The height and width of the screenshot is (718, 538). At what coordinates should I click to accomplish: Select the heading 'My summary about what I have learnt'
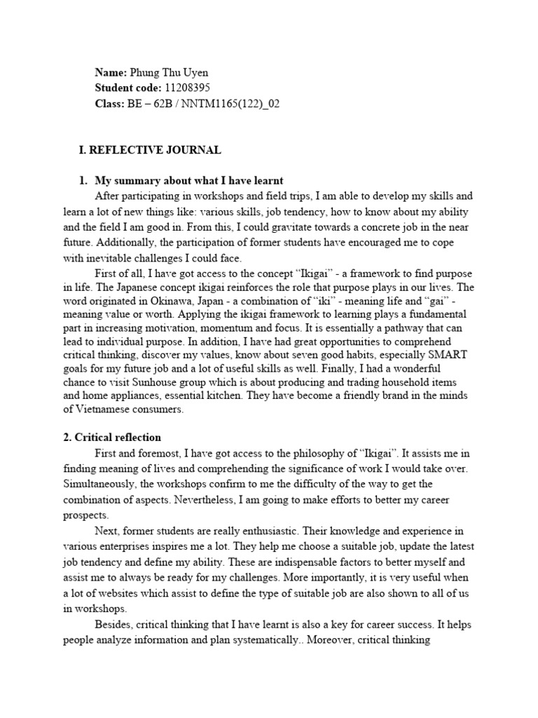click(x=188, y=181)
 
